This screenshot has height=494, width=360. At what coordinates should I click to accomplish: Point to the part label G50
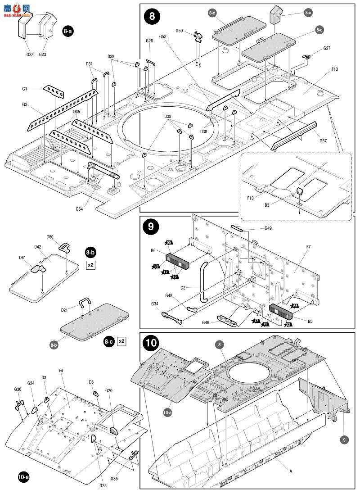[179, 31]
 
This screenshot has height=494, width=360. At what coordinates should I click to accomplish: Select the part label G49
[268, 228]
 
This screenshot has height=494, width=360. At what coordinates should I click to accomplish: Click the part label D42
[37, 247]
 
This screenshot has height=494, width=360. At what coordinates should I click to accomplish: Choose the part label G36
[18, 390]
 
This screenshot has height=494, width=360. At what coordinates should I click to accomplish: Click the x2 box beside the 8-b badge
[91, 264]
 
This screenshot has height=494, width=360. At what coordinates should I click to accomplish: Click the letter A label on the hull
[291, 471]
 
